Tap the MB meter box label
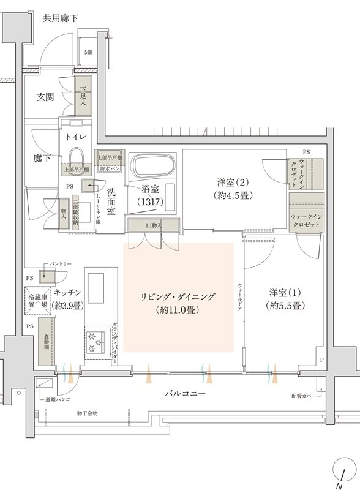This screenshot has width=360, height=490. tap(89, 53)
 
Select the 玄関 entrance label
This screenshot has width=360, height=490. tap(46, 97)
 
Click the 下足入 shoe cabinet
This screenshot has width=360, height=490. tap(83, 96)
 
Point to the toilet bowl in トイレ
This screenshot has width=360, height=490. tap(77, 157)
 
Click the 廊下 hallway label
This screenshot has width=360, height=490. tap(42, 158)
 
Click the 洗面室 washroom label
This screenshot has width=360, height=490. tap(111, 202)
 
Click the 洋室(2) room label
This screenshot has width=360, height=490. tap(231, 183)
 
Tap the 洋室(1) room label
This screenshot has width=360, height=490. tap(282, 293)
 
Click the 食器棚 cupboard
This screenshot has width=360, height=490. tap(46, 342)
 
